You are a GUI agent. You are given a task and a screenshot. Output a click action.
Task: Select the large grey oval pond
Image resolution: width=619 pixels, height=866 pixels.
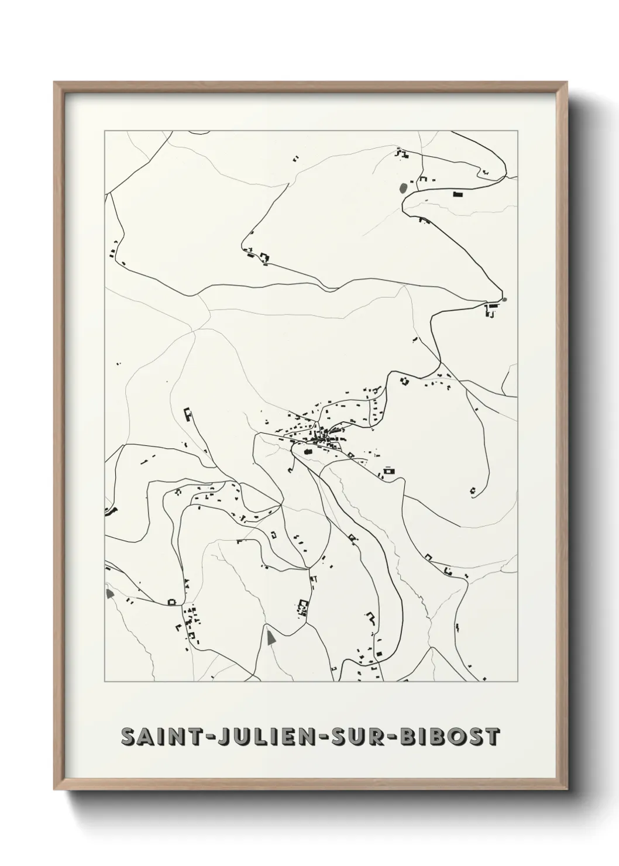point(403,188)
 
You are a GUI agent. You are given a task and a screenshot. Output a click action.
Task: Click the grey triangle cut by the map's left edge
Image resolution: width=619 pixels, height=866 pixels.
point(109,593)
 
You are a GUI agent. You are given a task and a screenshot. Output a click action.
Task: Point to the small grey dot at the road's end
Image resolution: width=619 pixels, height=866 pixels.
point(504,300)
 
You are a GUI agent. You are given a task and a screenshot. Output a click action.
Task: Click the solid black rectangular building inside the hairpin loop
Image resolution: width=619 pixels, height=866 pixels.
point(458,194)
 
